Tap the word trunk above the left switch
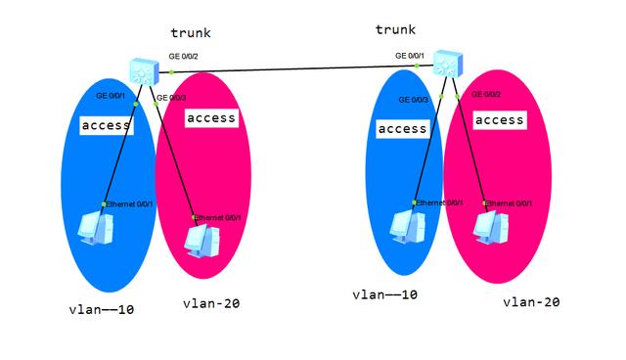(193, 34)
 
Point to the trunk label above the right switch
(395, 30)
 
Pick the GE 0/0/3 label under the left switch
(169, 98)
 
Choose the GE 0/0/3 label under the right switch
(414, 100)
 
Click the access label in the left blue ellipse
(107, 126)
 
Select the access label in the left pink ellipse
(211, 118)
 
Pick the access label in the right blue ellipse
(402, 129)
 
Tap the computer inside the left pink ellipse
(200, 239)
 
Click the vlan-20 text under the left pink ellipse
(210, 303)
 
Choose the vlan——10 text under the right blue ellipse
(385, 294)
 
